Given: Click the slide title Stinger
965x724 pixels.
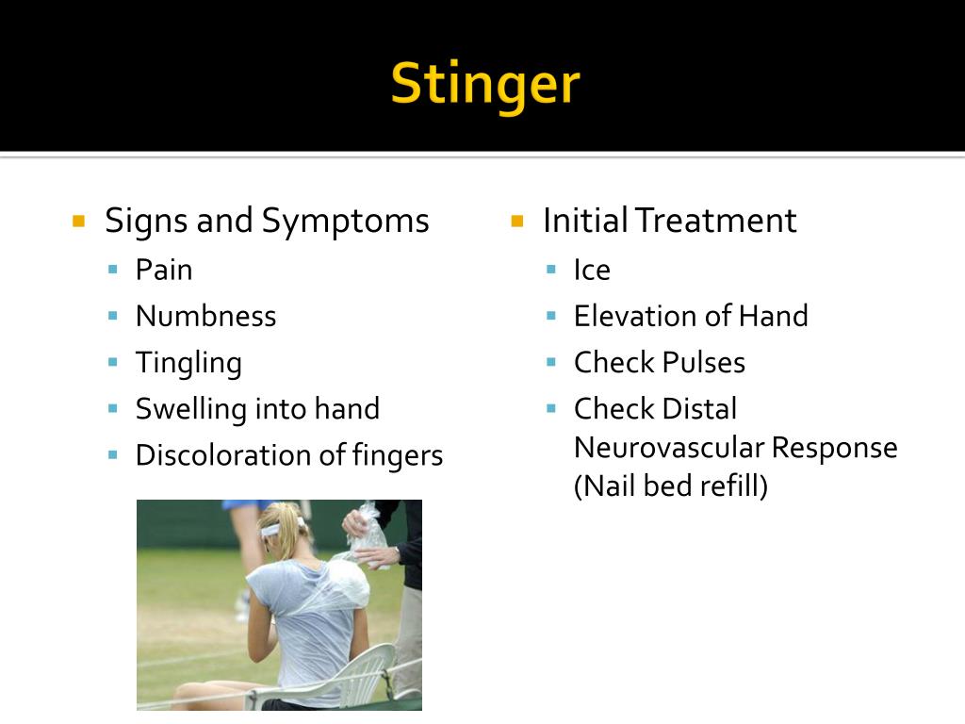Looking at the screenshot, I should coord(484,84).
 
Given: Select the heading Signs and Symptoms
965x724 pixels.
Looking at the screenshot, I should coord(267,221).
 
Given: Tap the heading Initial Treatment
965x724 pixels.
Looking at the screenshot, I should coord(669,221).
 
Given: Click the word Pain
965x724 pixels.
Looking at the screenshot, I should coord(164,271).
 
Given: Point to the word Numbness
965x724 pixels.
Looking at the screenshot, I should coord(205,317).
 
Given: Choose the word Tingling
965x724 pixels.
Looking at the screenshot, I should coord(188,363).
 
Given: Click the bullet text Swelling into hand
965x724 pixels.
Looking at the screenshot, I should coord(257,409).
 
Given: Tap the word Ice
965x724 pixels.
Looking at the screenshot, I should coord(592,271).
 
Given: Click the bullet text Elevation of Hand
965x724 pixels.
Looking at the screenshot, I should coord(691,317).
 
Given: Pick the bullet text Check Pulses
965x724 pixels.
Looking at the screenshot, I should coord(659,363).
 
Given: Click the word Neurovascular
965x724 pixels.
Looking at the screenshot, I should coord(668,448).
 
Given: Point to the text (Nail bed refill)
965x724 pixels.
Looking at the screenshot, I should coord(671,486).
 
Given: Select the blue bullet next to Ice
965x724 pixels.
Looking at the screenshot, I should coord(551,271).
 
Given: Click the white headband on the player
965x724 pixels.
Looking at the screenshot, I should coord(275,530).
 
